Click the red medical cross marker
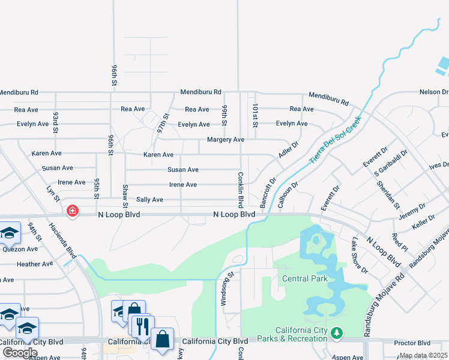[73, 211]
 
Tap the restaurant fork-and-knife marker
[143, 326]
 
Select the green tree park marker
[337, 332]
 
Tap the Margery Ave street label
[225, 139]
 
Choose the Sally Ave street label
[149, 199]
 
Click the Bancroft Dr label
[267, 193]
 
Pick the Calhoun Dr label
[288, 194]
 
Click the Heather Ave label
[35, 264]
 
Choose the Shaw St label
[125, 193]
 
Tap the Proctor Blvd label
[412, 343]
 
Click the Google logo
[20, 352]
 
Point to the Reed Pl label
[400, 242]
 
